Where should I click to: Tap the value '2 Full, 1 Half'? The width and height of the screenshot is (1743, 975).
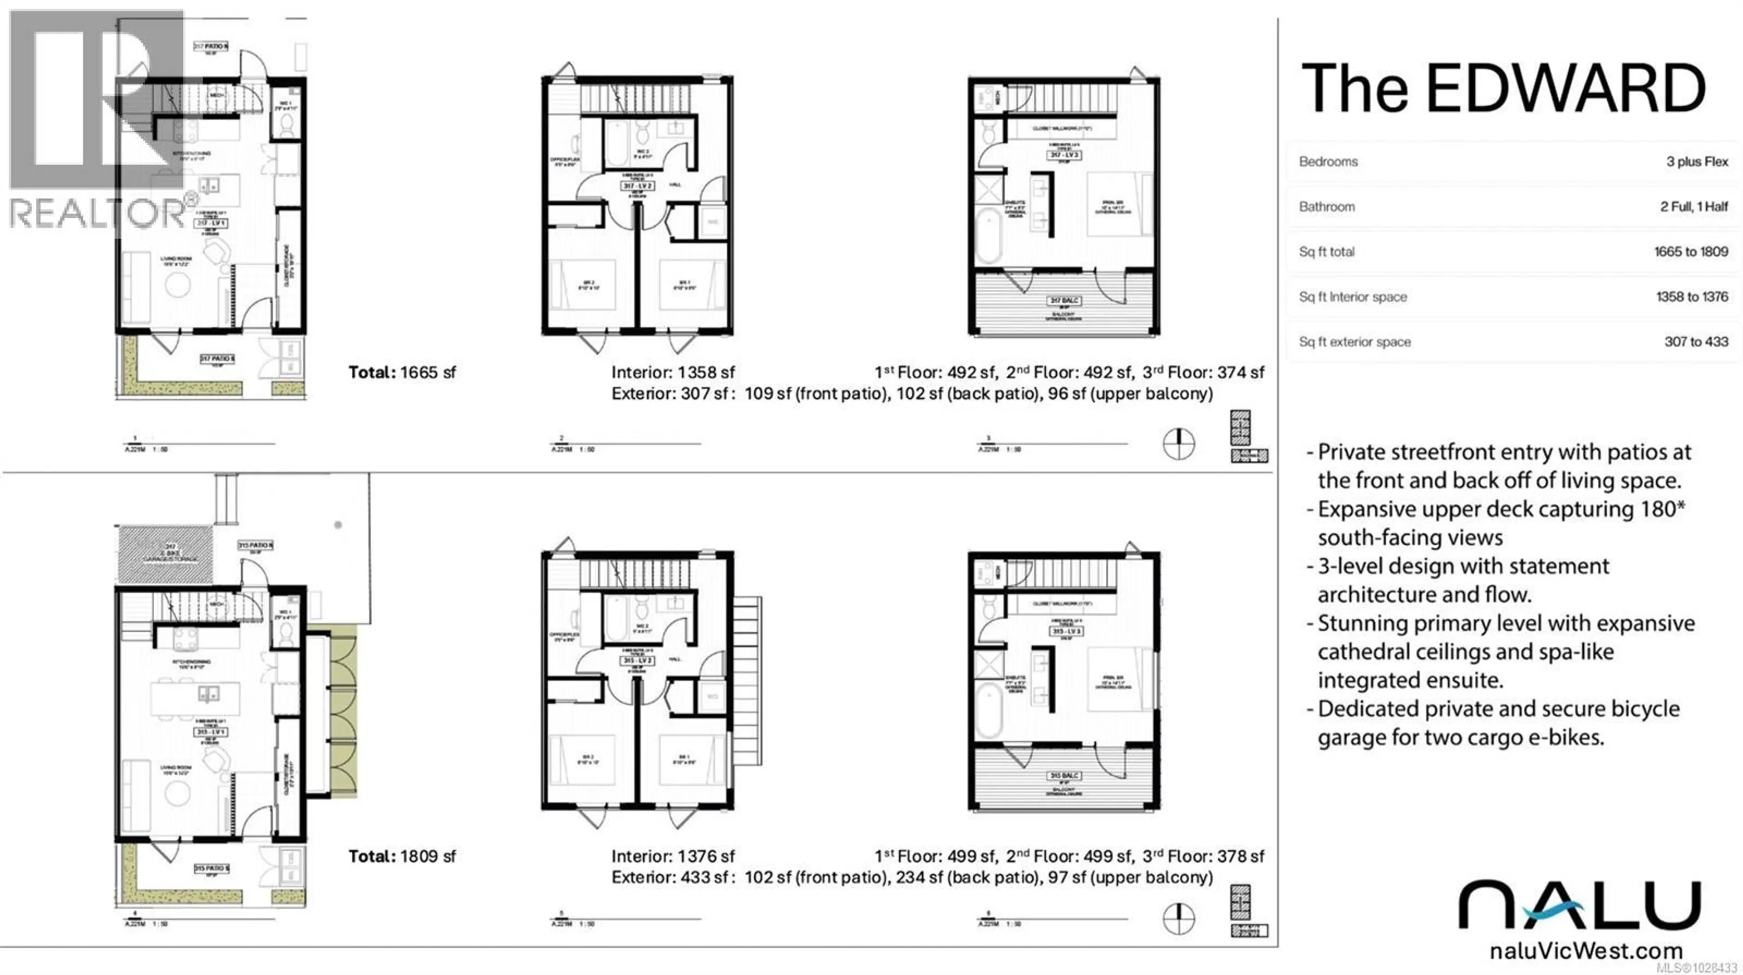click(1694, 207)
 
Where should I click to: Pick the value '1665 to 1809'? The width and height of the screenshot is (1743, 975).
click(1691, 252)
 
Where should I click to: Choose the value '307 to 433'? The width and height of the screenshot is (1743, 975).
click(1696, 342)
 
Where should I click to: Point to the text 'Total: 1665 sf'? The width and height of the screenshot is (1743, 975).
click(402, 372)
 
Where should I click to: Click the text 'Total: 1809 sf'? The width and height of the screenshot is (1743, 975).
click(402, 856)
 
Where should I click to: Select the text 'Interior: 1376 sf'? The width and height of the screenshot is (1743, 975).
click(673, 856)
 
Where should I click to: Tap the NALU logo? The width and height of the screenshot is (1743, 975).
click(1579, 905)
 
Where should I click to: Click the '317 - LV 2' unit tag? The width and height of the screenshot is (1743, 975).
click(637, 186)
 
